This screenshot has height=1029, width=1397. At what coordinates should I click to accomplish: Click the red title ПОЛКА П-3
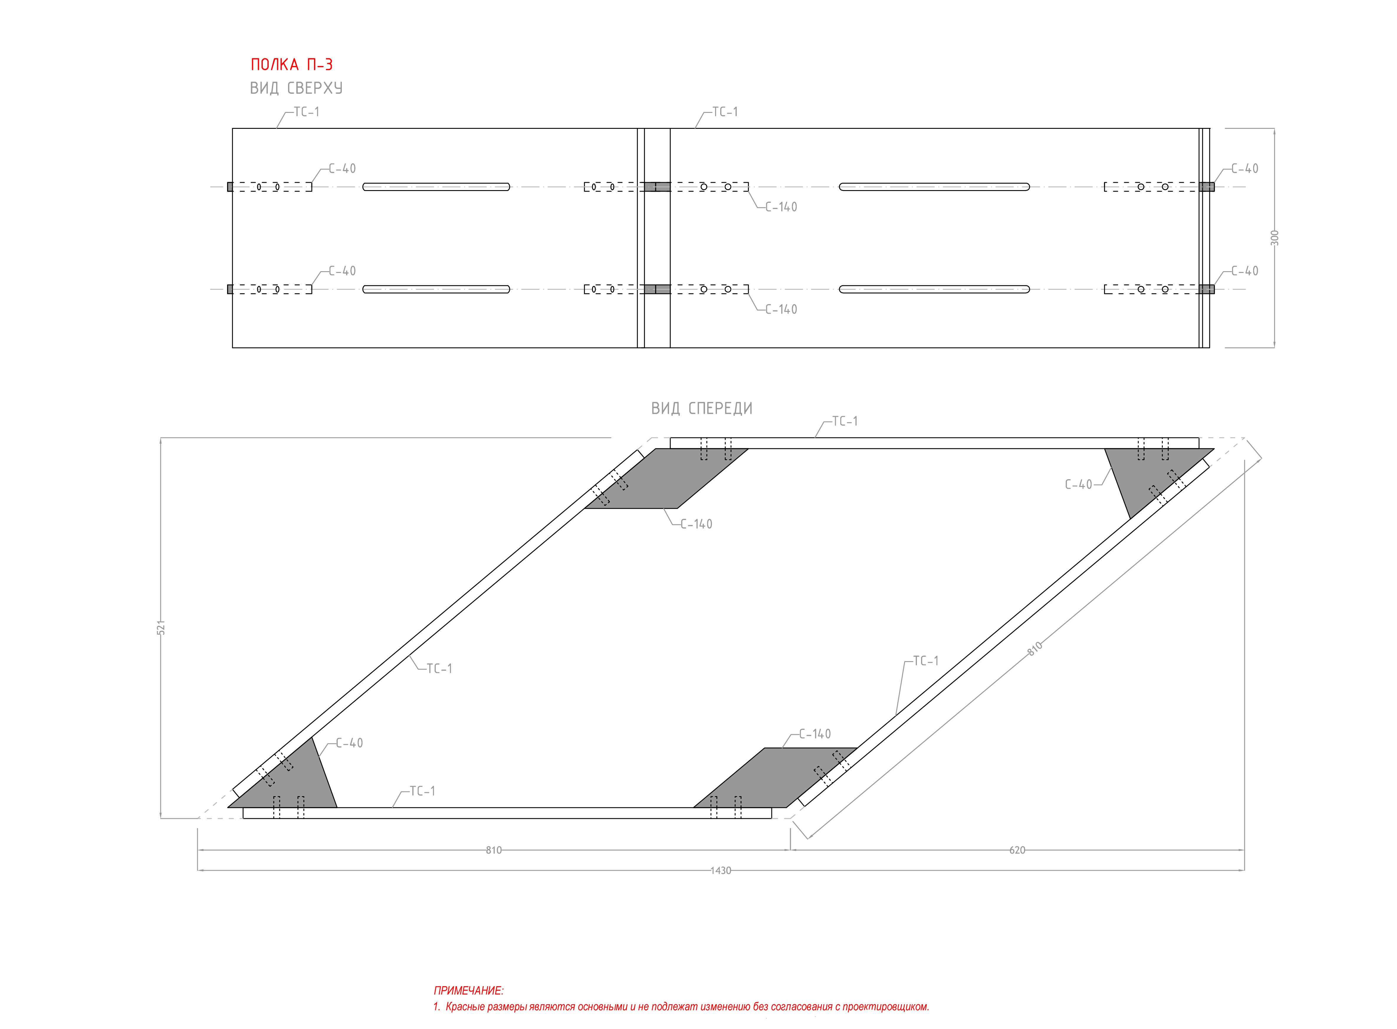coord(292,65)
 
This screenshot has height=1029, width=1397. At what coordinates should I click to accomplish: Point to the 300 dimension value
coord(1274,238)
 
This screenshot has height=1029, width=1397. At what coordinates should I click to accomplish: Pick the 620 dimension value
coord(1017,849)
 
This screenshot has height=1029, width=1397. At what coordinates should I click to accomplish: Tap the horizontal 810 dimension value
coord(493,849)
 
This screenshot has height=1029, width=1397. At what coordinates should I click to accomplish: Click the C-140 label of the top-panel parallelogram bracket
coord(696,524)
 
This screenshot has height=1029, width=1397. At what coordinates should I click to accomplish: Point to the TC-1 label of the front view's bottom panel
coord(423,791)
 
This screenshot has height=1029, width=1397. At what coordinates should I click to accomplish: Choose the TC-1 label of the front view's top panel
coord(845,421)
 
